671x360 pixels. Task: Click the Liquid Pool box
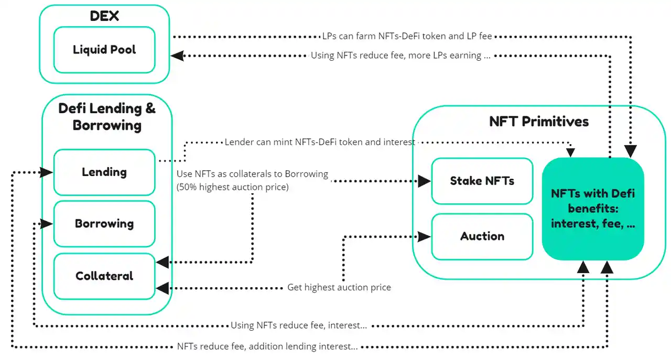(104, 50)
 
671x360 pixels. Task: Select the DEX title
(104, 16)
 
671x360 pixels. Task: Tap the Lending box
(104, 172)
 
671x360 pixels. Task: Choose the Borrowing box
(104, 224)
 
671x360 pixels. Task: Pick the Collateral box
(104, 276)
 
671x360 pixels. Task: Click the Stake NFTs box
(482, 181)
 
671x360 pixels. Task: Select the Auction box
(482, 236)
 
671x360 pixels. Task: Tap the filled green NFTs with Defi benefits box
(593, 209)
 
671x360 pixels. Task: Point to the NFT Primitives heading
(539, 122)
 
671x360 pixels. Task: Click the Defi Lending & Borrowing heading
(107, 117)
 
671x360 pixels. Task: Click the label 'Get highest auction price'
(339, 287)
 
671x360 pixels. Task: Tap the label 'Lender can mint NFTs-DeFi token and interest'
(320, 142)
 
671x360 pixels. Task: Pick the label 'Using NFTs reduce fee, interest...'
(299, 325)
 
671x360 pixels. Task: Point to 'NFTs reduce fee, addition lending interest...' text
(267, 346)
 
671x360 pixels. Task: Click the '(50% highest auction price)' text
(233, 187)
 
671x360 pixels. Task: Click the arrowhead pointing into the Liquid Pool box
(177, 55)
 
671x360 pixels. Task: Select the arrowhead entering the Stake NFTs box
(425, 181)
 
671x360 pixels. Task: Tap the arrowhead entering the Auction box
(425, 236)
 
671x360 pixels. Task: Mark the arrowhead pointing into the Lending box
(47, 172)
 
